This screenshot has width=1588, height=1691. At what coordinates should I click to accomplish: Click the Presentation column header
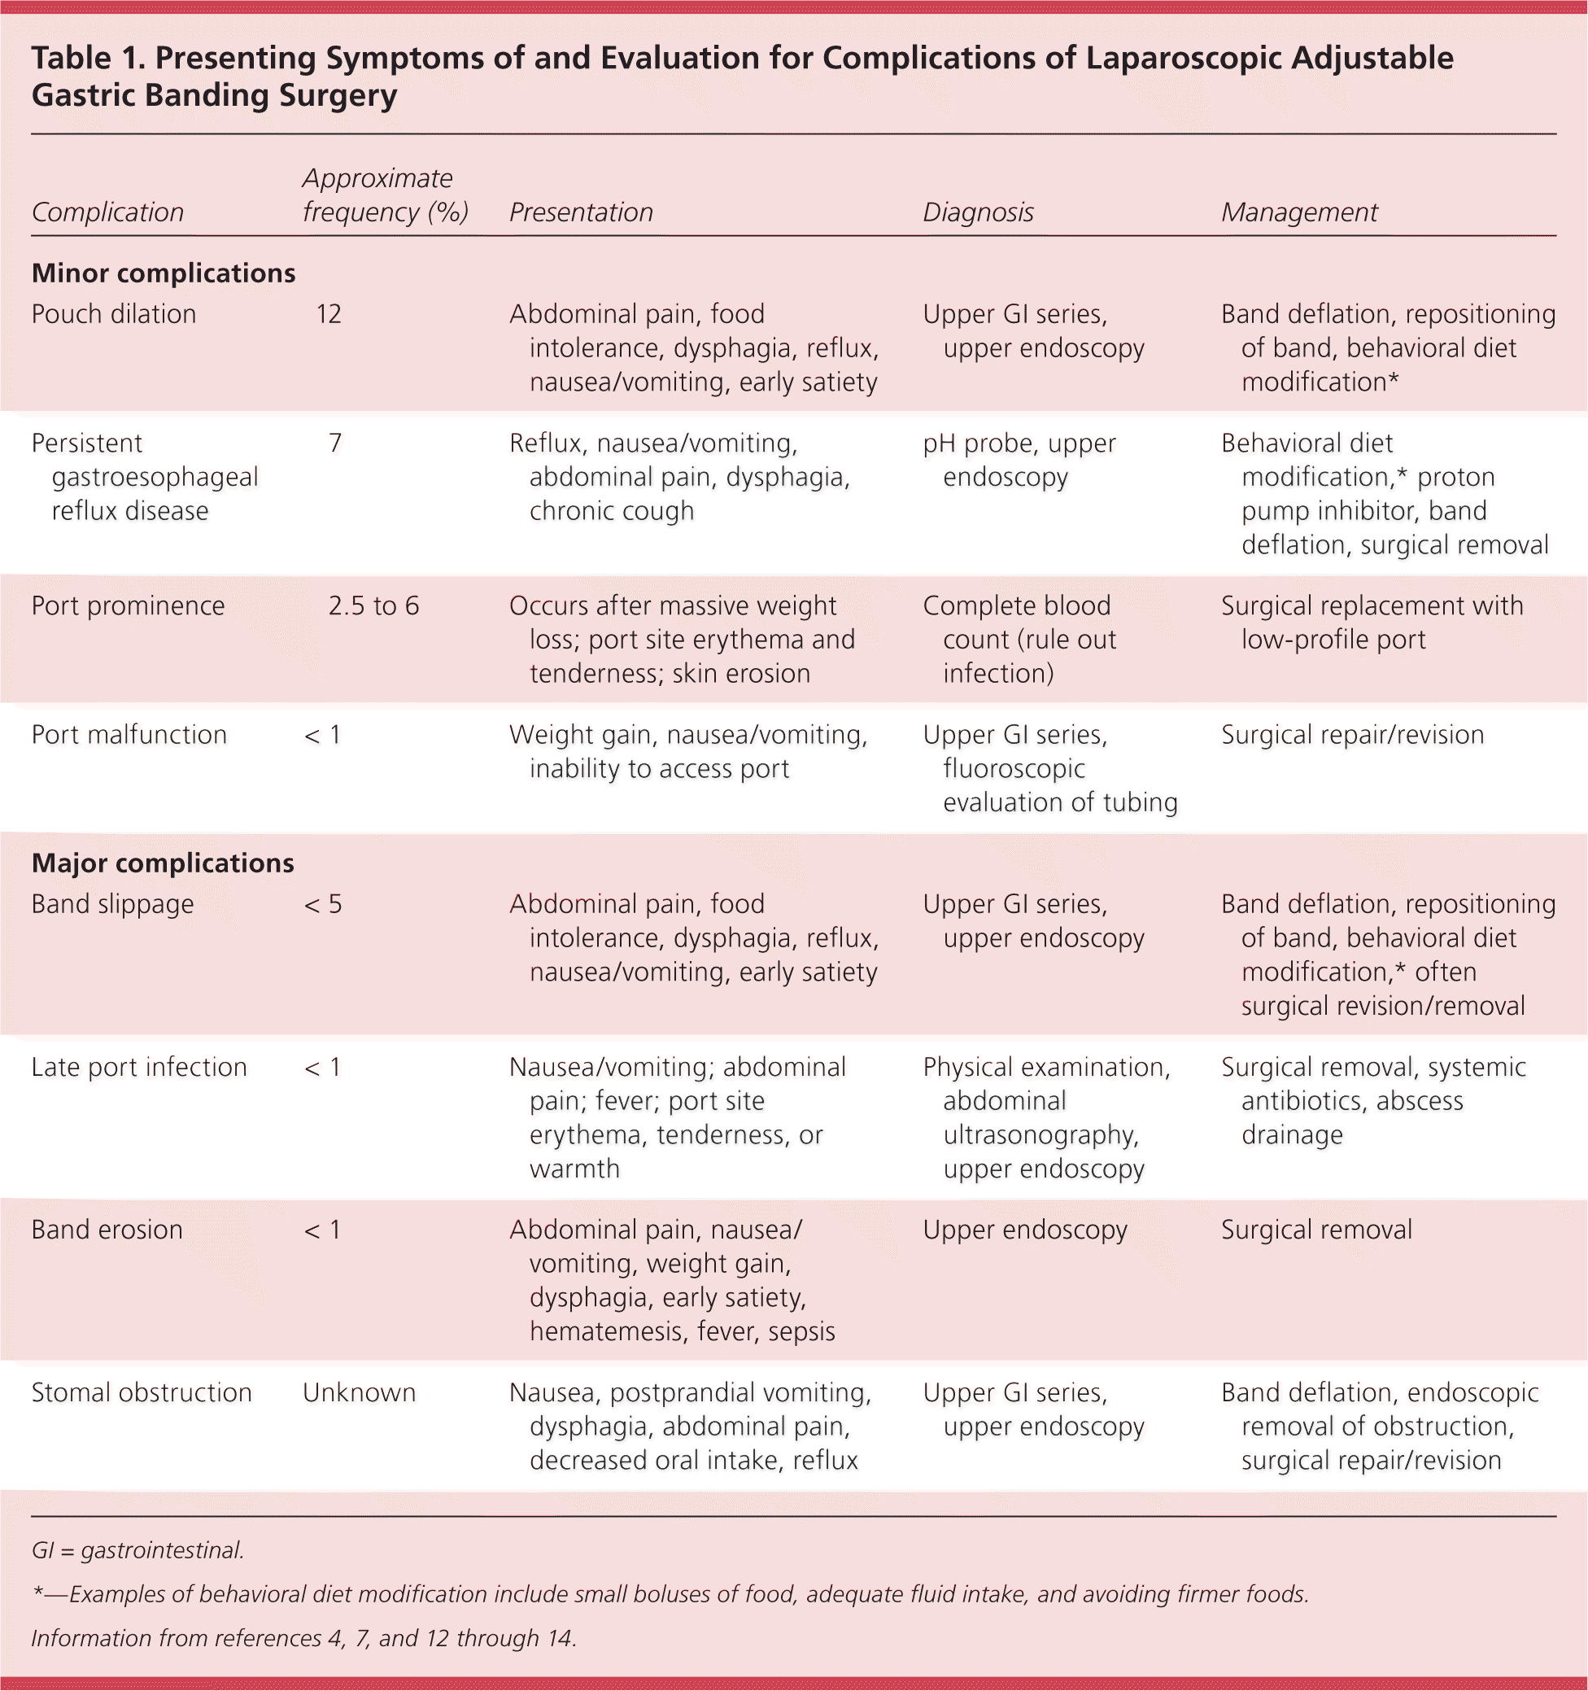point(581,212)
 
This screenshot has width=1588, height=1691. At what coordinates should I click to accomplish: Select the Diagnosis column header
point(978,212)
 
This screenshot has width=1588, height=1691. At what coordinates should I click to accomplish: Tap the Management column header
point(1299,212)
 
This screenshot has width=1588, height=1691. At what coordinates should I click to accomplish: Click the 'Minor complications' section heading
point(164,273)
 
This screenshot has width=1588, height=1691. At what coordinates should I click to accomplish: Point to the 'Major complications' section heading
point(163,863)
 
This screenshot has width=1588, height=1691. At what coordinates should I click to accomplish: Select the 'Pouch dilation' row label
point(113,314)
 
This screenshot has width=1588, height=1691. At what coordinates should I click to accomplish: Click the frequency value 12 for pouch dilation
point(329,314)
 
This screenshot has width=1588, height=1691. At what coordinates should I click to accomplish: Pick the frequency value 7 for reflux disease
point(335,444)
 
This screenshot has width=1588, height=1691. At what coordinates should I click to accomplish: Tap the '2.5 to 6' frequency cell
point(373,605)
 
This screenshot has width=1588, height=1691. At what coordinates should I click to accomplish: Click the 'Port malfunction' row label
point(129,735)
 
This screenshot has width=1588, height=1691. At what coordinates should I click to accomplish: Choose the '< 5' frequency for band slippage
point(323,904)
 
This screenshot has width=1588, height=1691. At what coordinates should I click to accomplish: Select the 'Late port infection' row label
point(138,1068)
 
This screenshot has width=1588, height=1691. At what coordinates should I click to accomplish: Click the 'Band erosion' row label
point(107,1230)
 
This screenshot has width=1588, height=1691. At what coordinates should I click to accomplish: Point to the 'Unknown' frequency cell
point(359,1392)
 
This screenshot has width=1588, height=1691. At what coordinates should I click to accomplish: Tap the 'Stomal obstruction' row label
point(142,1392)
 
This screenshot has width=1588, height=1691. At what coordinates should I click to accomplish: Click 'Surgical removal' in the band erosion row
point(1315,1230)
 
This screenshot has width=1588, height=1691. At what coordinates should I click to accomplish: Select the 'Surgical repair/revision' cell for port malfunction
point(1352,735)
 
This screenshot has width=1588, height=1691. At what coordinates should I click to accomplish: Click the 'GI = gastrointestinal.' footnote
point(137,1551)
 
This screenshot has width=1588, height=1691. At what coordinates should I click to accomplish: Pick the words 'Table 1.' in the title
point(87,59)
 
